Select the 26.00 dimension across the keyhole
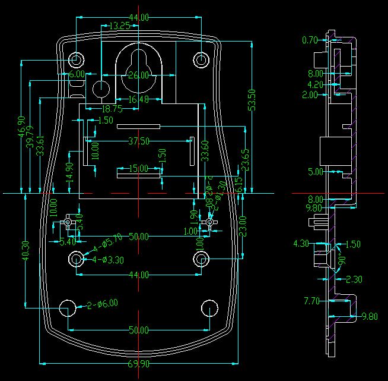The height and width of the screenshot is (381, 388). (138, 75)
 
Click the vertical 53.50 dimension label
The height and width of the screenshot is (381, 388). (252, 100)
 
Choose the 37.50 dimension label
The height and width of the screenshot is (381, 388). (139, 141)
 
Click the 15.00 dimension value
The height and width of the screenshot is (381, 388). (139, 169)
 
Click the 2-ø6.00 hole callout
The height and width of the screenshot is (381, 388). (102, 304)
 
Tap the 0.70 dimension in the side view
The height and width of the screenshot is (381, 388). (310, 40)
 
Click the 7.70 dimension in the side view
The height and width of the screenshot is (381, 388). (311, 301)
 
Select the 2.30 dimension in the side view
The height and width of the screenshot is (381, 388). (354, 279)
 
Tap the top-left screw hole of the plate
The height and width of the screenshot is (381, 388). (77, 60)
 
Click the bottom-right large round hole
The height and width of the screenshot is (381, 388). (210, 308)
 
